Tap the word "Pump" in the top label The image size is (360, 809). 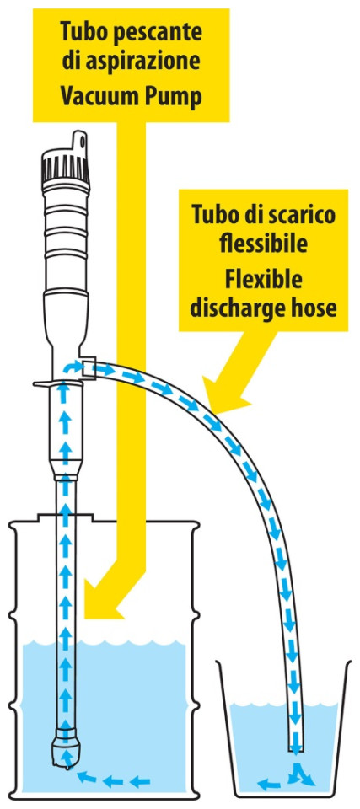175,98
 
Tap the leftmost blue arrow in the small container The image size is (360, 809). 269,785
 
